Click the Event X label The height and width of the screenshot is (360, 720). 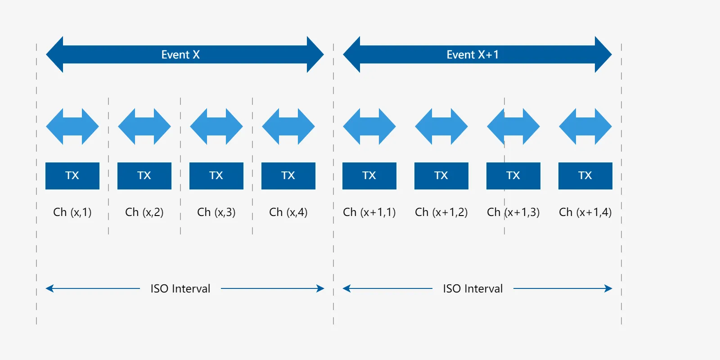pyautogui.click(x=180, y=54)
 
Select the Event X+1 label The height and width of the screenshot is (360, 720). pyautogui.click(x=472, y=54)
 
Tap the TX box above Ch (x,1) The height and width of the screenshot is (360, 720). pyautogui.click(x=72, y=176)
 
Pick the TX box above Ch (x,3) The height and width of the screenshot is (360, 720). pyautogui.click(x=216, y=176)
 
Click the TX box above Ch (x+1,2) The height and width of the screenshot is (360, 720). pyautogui.click(x=441, y=176)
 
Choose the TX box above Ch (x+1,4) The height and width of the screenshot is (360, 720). pyautogui.click(x=585, y=176)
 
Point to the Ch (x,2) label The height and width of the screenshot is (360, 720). pyautogui.click(x=144, y=212)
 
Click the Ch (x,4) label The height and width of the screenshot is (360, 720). pyautogui.click(x=288, y=212)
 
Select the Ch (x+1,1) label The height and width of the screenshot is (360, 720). pyautogui.click(x=369, y=212)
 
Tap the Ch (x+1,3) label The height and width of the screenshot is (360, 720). pyautogui.click(x=513, y=212)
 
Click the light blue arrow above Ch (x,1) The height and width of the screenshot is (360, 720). pyautogui.click(x=72, y=126)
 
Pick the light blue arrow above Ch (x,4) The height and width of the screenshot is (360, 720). pyautogui.click(x=288, y=126)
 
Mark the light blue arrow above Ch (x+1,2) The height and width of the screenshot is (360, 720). pyautogui.click(x=441, y=126)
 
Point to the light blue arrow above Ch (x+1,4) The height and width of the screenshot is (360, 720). pyautogui.click(x=585, y=126)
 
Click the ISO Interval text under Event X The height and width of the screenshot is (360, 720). pyautogui.click(x=180, y=288)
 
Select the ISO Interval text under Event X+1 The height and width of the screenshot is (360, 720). pyautogui.click(x=473, y=288)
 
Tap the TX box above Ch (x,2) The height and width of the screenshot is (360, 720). pyautogui.click(x=144, y=176)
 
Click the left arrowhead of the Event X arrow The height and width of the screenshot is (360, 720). pyautogui.click(x=54, y=54)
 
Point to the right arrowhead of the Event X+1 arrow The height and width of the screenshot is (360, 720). pyautogui.click(x=603, y=54)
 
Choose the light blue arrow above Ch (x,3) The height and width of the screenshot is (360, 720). pyautogui.click(x=216, y=126)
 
